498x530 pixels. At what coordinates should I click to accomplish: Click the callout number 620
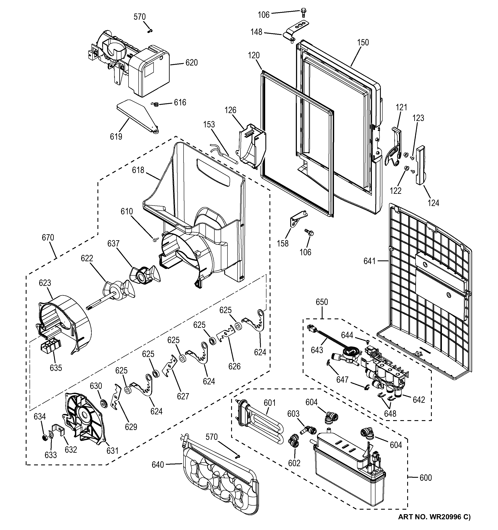[191, 63]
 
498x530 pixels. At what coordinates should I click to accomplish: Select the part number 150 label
[363, 42]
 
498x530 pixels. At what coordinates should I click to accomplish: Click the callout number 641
[369, 261]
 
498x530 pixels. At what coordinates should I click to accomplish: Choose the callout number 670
[48, 237]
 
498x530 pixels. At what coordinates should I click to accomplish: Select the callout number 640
[158, 465]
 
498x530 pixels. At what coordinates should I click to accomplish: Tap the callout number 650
[322, 302]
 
